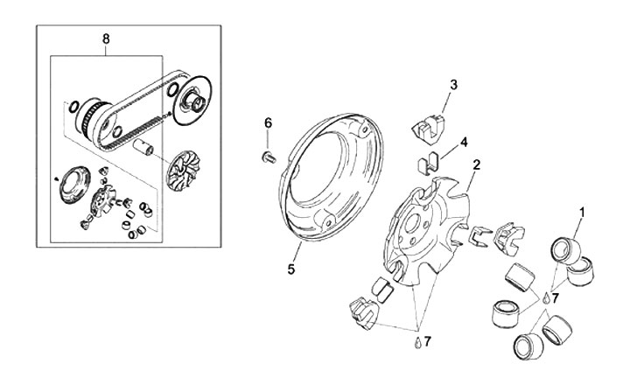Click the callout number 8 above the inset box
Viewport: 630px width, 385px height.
coord(106,40)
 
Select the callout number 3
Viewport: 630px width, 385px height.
coord(454,85)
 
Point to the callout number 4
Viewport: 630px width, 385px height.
coord(464,141)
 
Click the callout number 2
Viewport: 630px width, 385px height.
coord(476,164)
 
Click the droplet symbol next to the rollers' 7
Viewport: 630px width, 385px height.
coord(545,298)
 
